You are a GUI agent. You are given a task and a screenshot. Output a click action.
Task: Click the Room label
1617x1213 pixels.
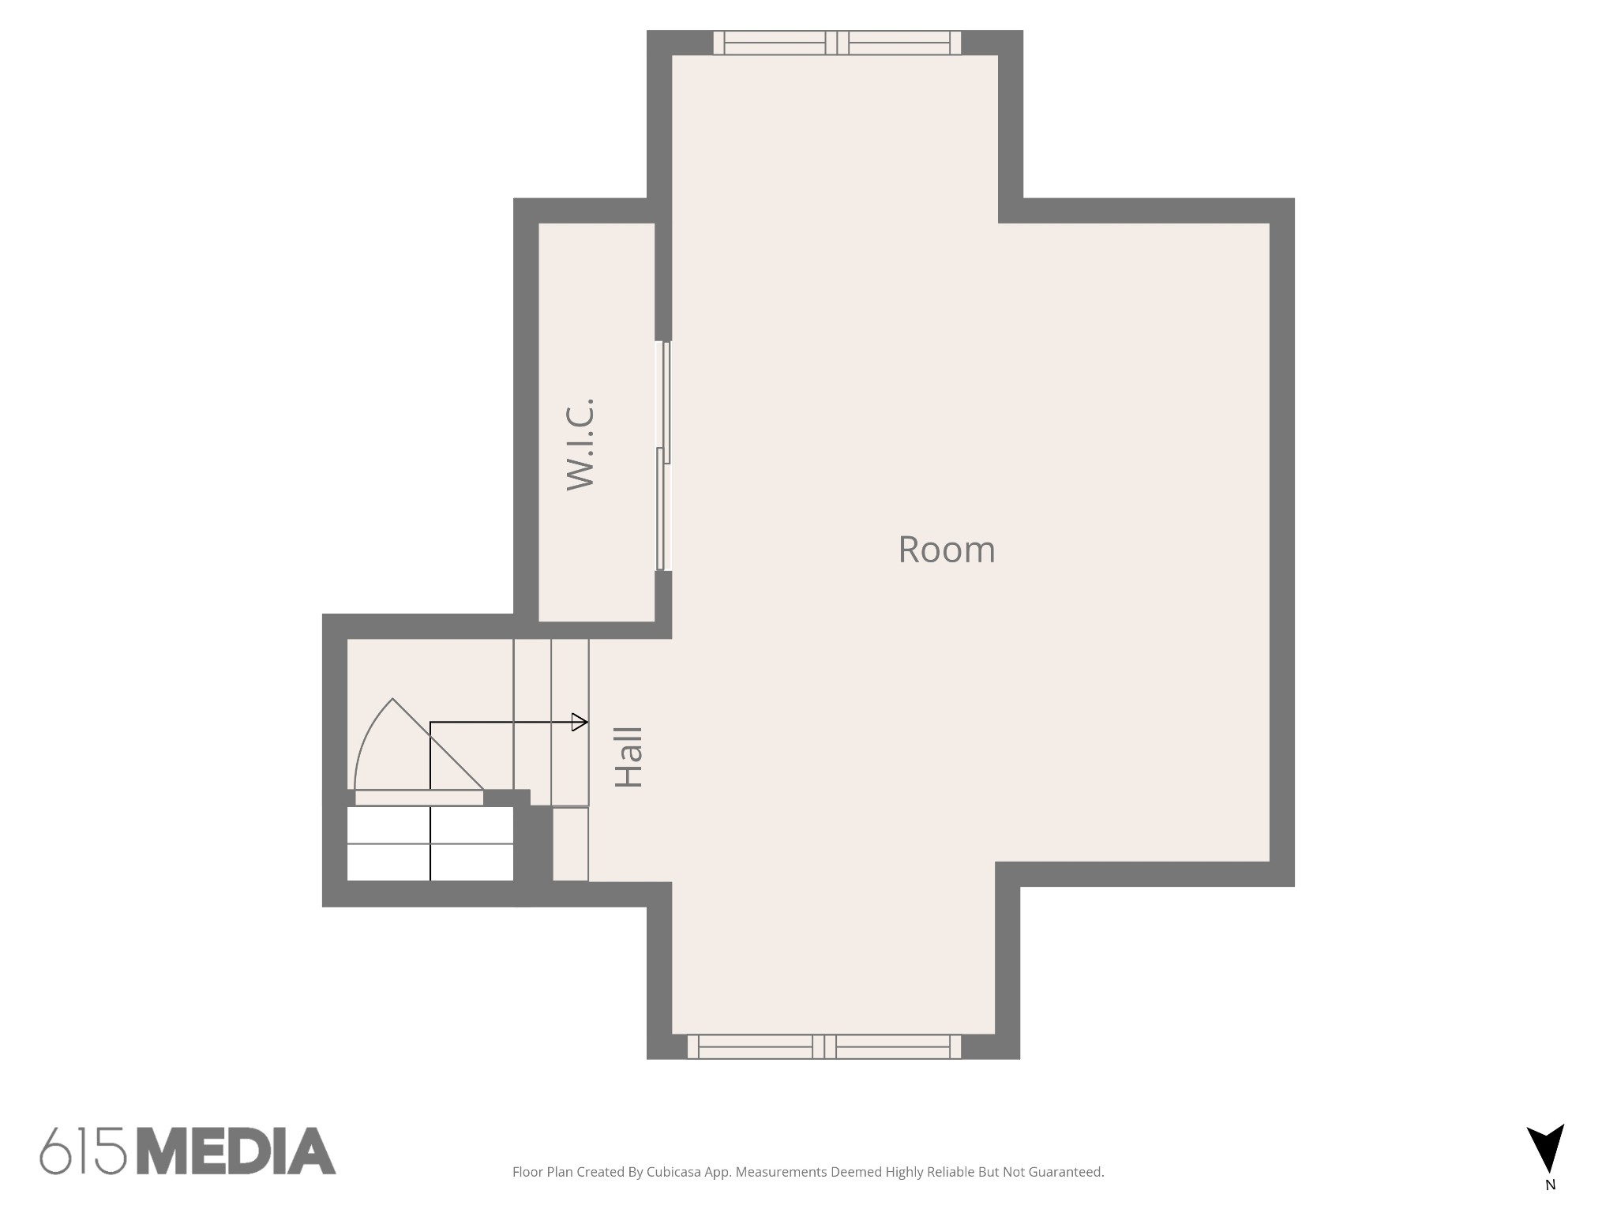(947, 550)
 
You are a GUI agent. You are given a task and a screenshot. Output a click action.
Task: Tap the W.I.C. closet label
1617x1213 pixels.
(580, 445)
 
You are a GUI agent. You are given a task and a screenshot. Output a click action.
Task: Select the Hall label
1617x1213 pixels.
(629, 757)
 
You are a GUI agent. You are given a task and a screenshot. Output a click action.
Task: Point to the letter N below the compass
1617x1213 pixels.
(1550, 1185)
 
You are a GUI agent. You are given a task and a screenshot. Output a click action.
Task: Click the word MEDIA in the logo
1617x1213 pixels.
(236, 1151)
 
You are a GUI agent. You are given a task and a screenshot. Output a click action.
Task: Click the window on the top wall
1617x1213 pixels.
(837, 43)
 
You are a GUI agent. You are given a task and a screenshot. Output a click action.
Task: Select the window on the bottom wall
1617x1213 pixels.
(824, 1046)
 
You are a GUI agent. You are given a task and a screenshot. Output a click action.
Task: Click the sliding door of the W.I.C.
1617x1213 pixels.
(664, 456)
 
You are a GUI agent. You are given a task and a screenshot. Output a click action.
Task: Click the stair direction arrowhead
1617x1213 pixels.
(580, 722)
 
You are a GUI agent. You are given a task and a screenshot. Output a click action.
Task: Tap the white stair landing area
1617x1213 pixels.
(430, 843)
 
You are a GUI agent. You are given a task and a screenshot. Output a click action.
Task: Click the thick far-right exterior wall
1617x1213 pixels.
(1282, 542)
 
